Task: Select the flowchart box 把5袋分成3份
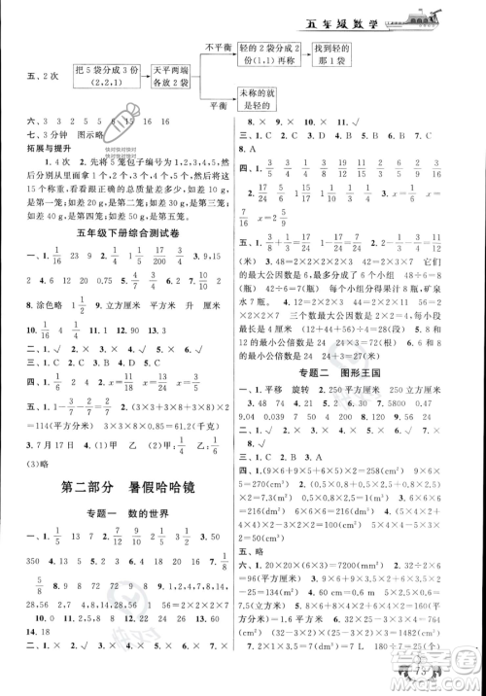111,77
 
